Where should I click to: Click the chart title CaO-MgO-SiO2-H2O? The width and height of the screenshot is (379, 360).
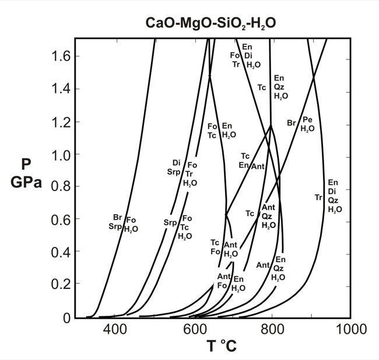(x=211, y=24)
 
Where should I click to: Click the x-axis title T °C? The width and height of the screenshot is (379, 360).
(x=221, y=346)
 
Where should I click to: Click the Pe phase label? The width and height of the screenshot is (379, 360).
(x=307, y=120)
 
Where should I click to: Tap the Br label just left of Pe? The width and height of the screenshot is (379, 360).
(x=292, y=123)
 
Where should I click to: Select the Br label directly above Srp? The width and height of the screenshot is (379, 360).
(x=117, y=217)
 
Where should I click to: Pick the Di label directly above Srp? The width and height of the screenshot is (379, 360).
(x=176, y=163)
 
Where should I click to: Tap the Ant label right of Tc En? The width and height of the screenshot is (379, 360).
(x=258, y=167)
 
